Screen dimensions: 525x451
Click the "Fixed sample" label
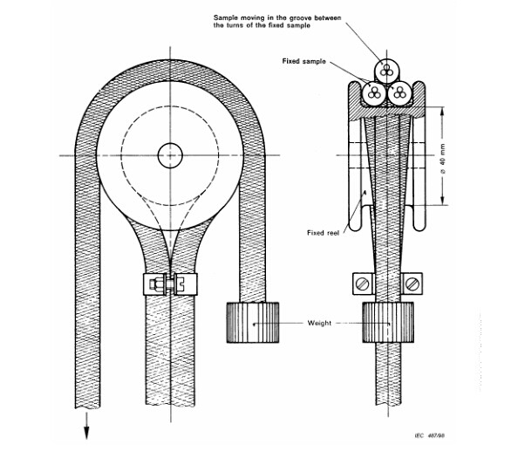303,61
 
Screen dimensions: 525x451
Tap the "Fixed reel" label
323,233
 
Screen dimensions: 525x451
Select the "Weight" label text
319,323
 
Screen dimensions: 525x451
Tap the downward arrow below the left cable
86,426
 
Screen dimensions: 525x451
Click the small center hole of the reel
170,155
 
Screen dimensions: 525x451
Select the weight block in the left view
253,323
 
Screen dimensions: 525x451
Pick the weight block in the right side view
388,323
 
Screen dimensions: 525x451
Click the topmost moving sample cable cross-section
387,70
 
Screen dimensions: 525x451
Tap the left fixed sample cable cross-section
374,93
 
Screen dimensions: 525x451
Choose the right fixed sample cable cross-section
399,93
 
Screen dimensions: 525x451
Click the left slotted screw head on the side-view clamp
363,284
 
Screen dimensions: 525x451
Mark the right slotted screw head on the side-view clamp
412,284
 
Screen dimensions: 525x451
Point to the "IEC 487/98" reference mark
430,435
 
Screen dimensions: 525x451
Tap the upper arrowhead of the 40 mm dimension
443,111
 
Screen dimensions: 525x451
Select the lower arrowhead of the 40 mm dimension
443,201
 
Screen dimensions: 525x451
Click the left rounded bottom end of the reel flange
355,225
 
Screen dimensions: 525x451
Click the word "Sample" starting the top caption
225,17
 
